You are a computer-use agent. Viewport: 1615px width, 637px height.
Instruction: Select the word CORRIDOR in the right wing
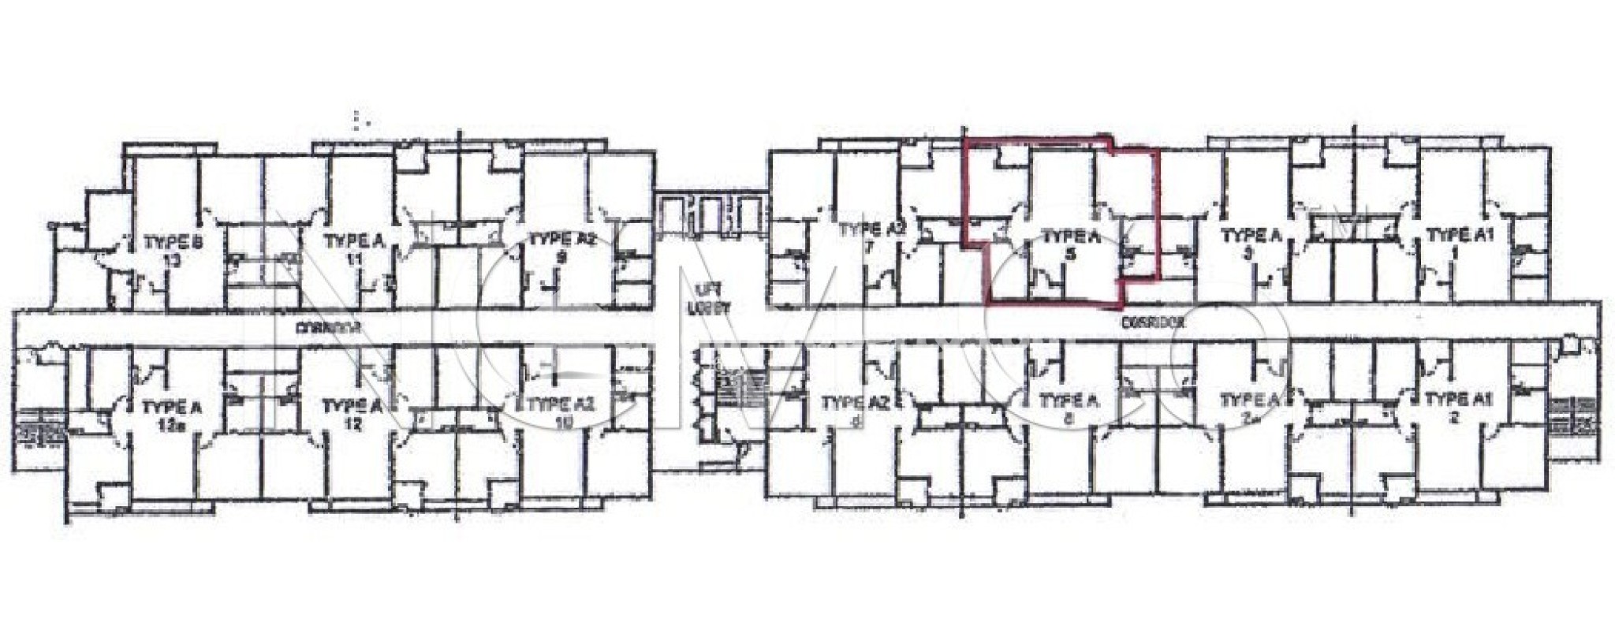pyautogui.click(x=1154, y=322)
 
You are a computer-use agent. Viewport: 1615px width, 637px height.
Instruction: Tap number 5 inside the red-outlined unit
pyautogui.click(x=1069, y=254)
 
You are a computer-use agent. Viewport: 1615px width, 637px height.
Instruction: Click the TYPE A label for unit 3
pyautogui.click(x=1248, y=235)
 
